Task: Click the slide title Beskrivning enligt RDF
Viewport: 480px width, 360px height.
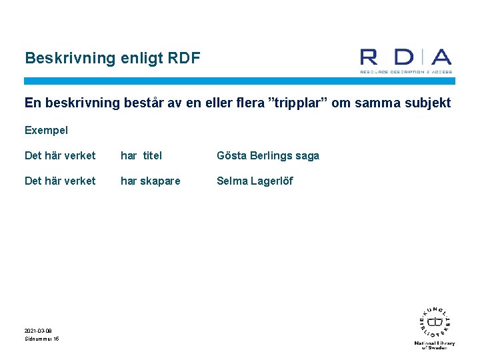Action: (x=112, y=58)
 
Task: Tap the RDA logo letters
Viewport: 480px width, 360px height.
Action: (x=405, y=57)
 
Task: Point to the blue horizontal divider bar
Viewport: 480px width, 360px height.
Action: (x=239, y=81)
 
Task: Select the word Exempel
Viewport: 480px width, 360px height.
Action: (x=46, y=130)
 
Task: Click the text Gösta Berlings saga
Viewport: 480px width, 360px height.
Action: (x=268, y=155)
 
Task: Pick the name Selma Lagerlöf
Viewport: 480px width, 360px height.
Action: (x=255, y=181)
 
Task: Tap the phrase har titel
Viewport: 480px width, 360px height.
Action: (x=141, y=155)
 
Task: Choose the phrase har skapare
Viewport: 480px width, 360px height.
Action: (x=150, y=181)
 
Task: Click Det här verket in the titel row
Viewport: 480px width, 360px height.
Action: (x=60, y=155)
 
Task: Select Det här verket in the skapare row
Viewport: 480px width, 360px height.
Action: (x=60, y=181)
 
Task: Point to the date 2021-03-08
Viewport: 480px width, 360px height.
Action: (x=38, y=331)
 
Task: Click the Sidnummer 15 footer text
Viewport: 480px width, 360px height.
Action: (x=41, y=339)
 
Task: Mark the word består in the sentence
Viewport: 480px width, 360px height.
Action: (x=141, y=103)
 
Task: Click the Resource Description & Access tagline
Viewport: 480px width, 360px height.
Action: (x=406, y=71)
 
